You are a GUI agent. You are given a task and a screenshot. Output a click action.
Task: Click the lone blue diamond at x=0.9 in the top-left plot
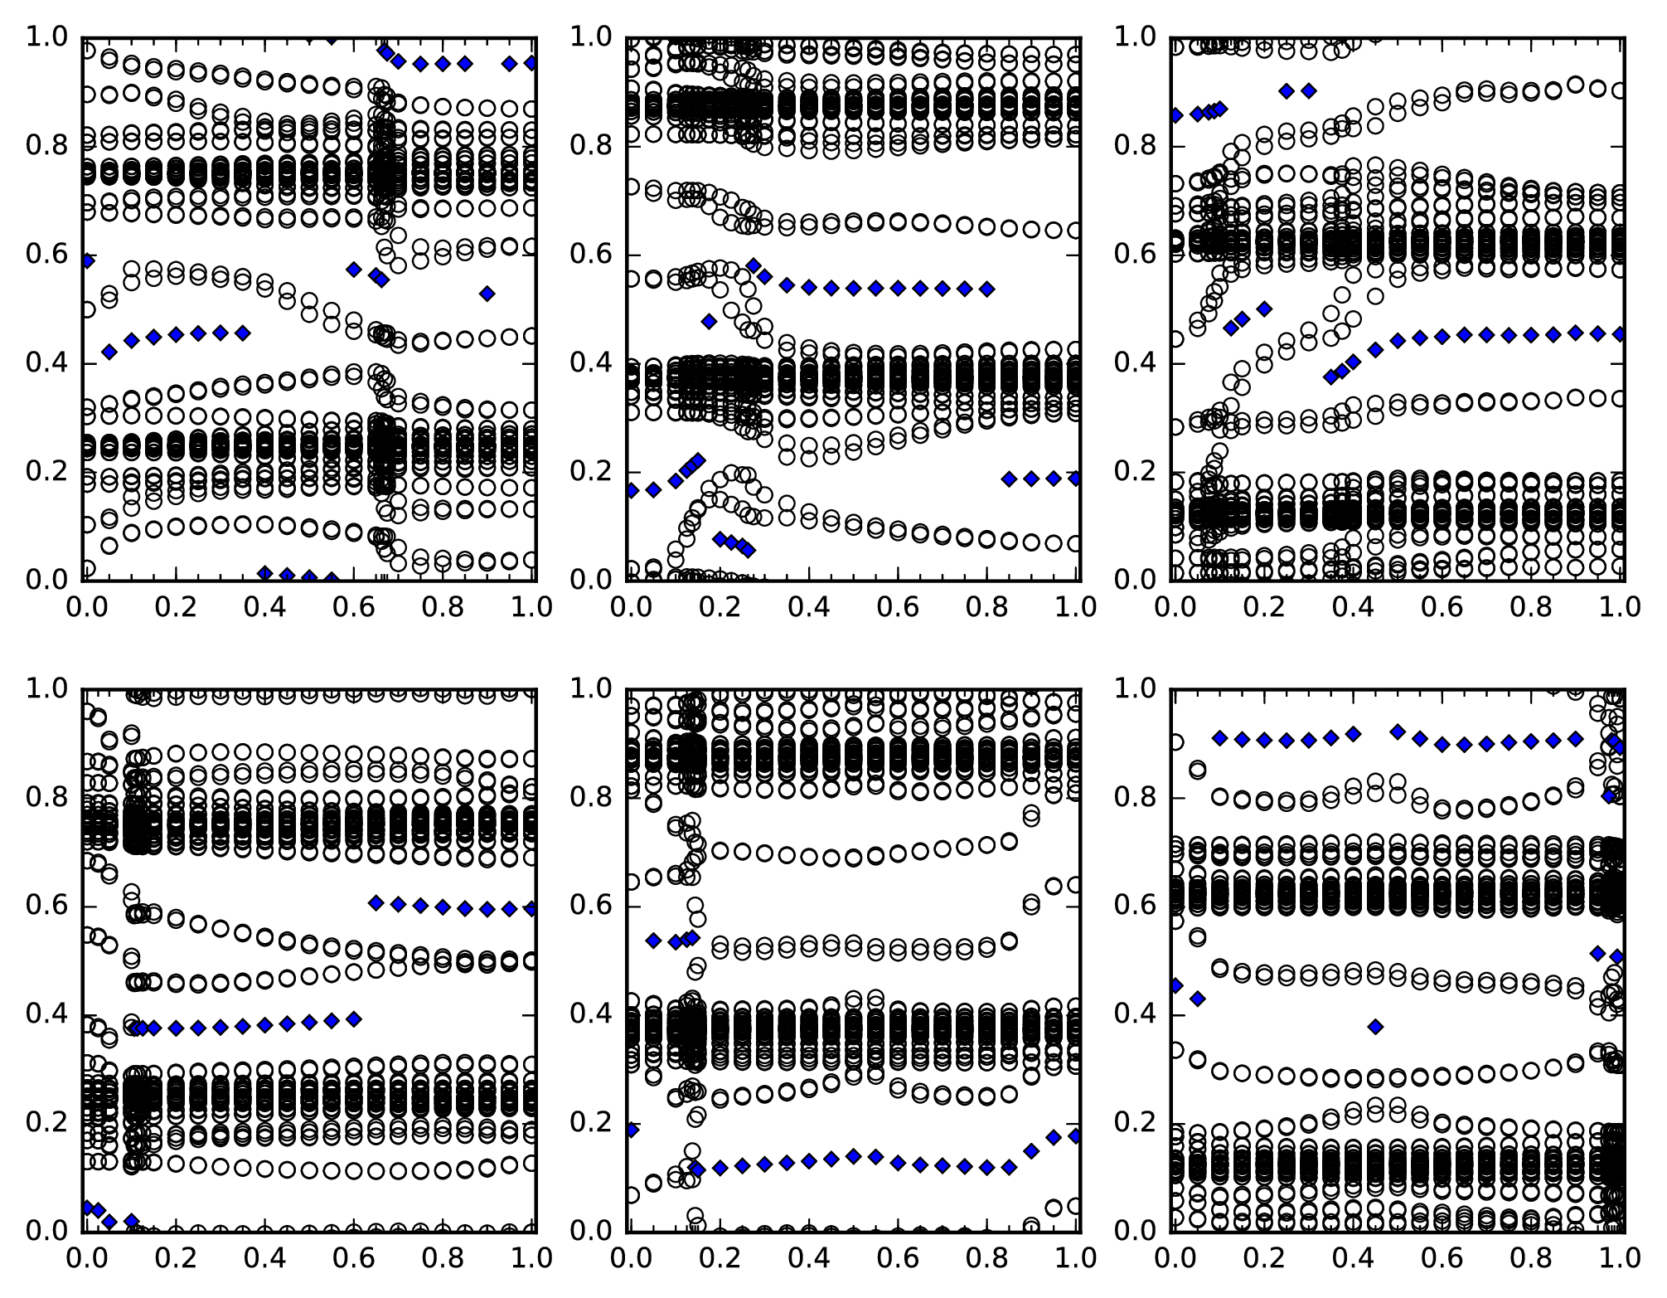487,293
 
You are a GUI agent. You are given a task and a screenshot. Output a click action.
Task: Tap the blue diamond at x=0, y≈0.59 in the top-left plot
85,260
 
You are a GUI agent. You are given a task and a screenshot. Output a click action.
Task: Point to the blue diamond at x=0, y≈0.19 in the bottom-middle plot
631,1129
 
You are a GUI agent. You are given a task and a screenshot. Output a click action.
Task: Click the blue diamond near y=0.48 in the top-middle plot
709,321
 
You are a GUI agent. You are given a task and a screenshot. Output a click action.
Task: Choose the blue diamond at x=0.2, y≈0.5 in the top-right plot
1264,309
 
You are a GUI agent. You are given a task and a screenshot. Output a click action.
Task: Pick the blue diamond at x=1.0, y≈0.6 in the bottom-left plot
531,909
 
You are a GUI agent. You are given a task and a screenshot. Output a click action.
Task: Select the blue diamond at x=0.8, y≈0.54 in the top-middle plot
986,289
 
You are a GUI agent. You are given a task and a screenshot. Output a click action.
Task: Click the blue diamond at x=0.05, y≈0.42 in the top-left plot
109,352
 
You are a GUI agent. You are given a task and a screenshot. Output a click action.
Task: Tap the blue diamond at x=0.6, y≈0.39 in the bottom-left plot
354,1019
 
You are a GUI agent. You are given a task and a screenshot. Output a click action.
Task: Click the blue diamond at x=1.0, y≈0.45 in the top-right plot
1621,334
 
